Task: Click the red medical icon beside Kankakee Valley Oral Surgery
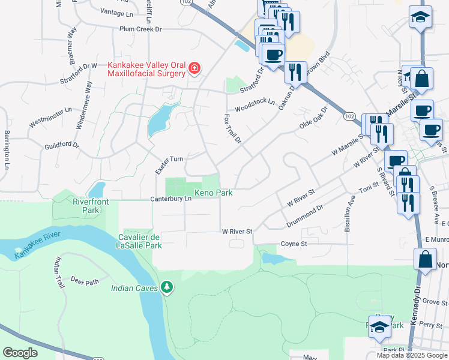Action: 194,68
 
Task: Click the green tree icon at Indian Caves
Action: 167,289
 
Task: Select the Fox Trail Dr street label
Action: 232,128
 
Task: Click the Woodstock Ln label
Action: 255,105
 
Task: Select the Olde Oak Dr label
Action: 313,119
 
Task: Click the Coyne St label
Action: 294,244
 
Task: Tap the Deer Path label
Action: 84,281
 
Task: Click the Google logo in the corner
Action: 20,353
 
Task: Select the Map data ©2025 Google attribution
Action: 412,355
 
